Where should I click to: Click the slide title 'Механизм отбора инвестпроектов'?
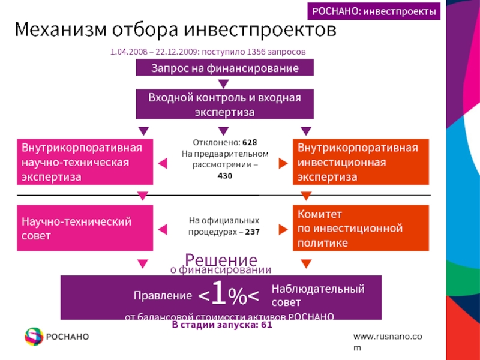[x=176, y=29]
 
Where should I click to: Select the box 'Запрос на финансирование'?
[x=225, y=68]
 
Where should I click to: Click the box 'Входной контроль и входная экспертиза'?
[x=225, y=104]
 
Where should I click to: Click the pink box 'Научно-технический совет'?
[x=85, y=229]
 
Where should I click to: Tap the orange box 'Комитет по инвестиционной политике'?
[x=361, y=228]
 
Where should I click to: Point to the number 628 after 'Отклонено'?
[x=250, y=143]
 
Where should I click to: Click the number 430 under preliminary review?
[x=225, y=175]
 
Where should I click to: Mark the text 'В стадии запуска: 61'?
[x=222, y=325]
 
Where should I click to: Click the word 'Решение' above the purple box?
[x=221, y=260]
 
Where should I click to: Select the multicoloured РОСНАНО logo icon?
[x=34, y=337]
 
